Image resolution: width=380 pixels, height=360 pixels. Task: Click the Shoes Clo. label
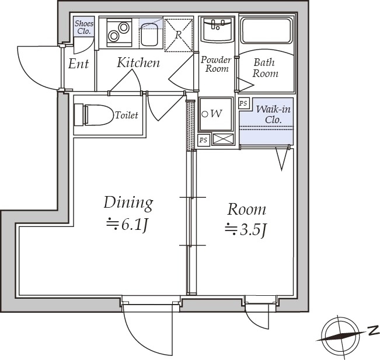click(x=84, y=27)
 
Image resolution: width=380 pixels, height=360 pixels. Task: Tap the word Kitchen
click(x=138, y=62)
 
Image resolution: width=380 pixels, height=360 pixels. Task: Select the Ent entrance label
click(x=78, y=64)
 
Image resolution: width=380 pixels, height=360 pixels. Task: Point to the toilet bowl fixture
click(x=94, y=115)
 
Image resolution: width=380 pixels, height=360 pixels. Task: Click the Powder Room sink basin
click(x=218, y=29)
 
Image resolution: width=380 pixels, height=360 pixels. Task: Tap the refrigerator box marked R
click(x=179, y=35)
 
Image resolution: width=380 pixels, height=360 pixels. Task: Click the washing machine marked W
click(x=215, y=114)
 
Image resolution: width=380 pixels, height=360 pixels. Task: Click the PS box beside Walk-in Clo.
click(x=243, y=103)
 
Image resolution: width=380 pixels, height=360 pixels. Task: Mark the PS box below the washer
click(x=204, y=140)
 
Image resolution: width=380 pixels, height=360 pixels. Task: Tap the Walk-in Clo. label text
click(x=273, y=114)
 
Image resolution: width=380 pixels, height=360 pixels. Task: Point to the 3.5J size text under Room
click(x=246, y=229)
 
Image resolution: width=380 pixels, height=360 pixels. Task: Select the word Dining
click(x=128, y=203)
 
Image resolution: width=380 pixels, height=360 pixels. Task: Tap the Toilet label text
click(x=127, y=115)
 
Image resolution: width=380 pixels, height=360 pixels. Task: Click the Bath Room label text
click(x=265, y=68)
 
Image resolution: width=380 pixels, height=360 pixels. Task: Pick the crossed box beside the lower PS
click(x=223, y=139)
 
